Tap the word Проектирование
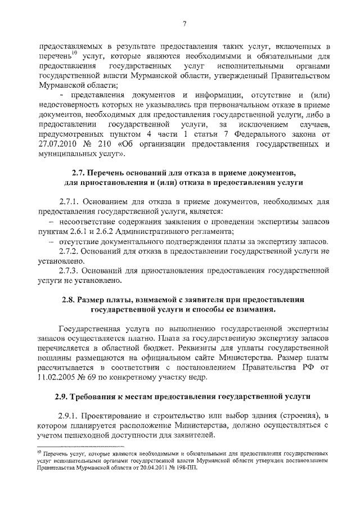114,416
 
